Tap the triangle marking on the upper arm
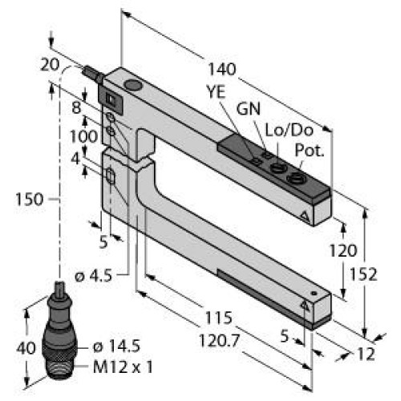click(305, 217)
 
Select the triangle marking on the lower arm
click(305, 306)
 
